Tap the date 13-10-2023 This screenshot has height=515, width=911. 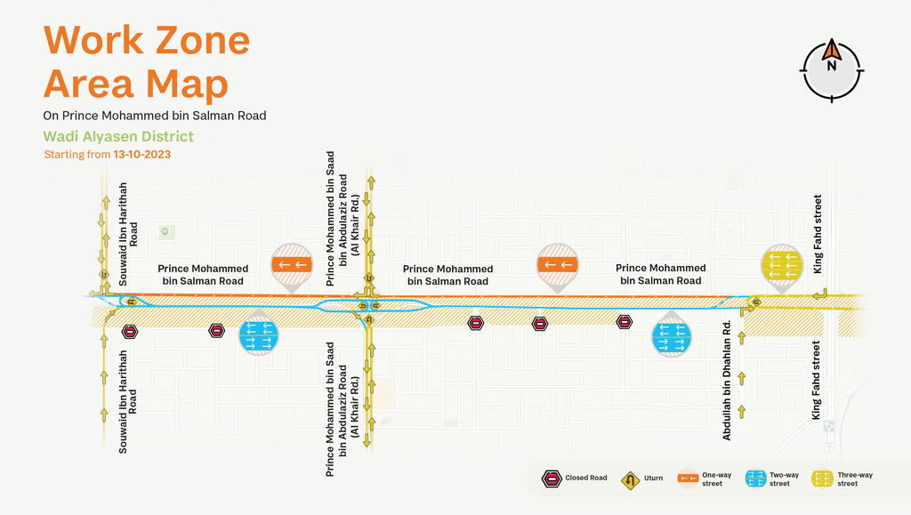[141, 155]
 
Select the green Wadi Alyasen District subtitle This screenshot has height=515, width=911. [118, 136]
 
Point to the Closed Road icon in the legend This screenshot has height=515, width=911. [552, 479]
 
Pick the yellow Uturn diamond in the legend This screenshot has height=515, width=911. [631, 480]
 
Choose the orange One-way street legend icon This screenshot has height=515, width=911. [688, 479]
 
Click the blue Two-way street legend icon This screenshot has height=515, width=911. [756, 479]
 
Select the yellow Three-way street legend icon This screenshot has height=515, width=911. [823, 479]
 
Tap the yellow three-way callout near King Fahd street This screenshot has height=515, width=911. [782, 266]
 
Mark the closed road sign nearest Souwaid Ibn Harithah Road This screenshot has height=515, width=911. [130, 332]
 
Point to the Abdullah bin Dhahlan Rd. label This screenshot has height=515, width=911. [726, 381]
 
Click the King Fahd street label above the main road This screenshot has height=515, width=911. [818, 234]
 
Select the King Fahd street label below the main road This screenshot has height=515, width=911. [817, 380]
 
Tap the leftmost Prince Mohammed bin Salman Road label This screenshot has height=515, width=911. [203, 275]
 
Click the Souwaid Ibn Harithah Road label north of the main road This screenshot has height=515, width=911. [128, 234]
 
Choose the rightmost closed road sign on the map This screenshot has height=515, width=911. [625, 322]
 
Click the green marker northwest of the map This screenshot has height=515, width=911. [165, 231]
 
